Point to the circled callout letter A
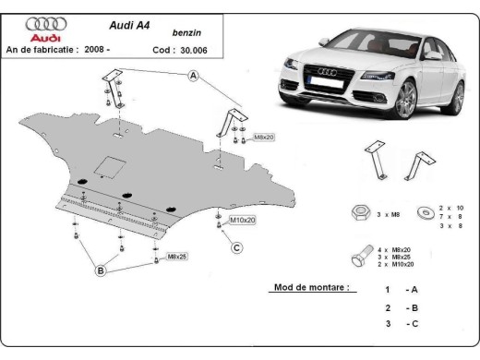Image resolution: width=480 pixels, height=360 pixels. coord(193,78)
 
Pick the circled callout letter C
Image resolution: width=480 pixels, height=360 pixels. coord(236,246)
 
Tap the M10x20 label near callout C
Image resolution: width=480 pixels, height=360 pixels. coord(242,220)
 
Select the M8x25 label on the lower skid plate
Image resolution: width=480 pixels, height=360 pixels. coord(176,256)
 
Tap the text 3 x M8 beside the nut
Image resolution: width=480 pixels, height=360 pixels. coord(389,214)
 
